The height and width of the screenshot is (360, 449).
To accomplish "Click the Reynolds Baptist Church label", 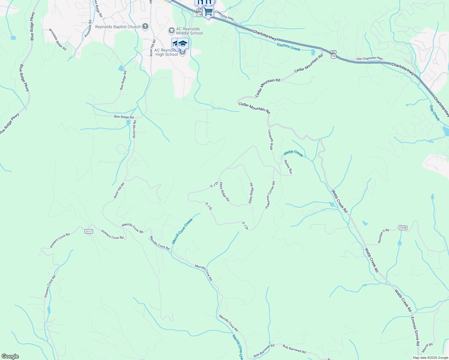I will [118, 27].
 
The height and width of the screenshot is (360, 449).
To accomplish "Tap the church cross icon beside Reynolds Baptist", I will [145, 27].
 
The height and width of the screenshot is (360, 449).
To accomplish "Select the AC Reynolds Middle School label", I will [189, 31].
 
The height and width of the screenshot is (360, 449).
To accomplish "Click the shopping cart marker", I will [208, 12].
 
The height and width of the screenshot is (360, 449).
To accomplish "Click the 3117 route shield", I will [89, 231].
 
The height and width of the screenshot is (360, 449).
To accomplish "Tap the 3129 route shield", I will [403, 228].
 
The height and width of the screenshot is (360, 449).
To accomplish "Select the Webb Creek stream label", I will [293, 153].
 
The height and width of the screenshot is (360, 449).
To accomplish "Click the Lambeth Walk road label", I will [270, 140].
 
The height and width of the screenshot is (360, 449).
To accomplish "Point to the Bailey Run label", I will [288, 167].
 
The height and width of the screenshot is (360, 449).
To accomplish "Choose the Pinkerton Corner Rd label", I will [270, 195].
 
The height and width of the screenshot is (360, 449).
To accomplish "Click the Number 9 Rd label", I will [383, 236].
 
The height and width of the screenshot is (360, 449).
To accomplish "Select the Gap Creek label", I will [434, 113].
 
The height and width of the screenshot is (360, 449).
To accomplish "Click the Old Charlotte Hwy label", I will [369, 58].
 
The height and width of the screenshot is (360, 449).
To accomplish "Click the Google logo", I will [10, 356].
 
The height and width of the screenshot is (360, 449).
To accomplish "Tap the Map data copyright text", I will [430, 358].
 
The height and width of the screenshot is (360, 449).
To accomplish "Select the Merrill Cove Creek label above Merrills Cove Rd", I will [182, 231].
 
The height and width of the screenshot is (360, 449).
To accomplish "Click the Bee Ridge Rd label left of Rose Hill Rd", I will [124, 117].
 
